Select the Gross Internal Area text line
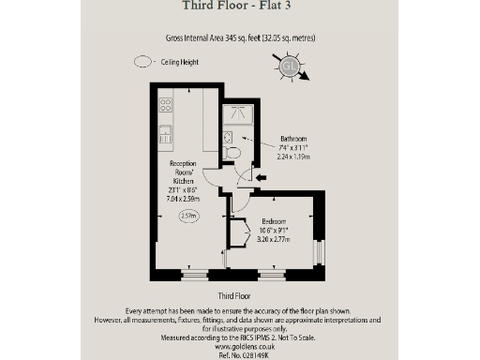239,40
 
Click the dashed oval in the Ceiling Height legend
142,63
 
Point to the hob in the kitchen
165,104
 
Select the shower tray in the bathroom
234,114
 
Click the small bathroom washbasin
226,137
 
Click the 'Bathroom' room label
292,139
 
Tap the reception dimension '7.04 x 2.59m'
183,198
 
